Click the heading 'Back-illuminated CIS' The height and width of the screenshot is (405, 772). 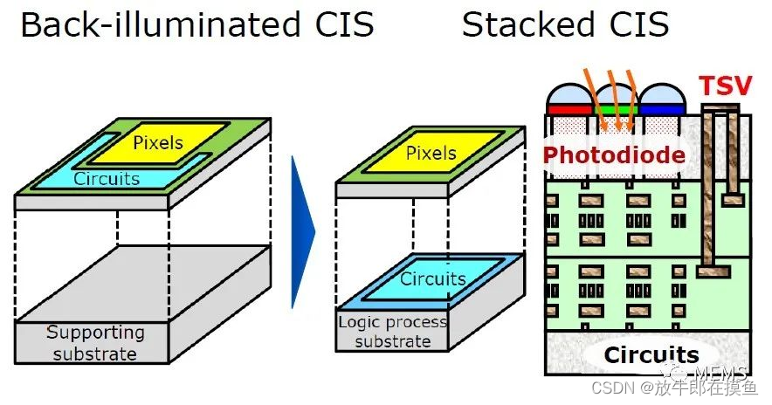pyautogui.click(x=197, y=25)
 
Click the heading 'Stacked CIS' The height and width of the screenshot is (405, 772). pyautogui.click(x=565, y=25)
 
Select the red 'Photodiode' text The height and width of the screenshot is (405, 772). pyautogui.click(x=614, y=155)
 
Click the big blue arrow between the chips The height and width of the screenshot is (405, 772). pyautogui.click(x=303, y=230)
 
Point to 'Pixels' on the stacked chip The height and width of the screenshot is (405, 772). pyautogui.click(x=431, y=154)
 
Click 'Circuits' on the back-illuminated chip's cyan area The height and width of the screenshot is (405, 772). pyautogui.click(x=107, y=178)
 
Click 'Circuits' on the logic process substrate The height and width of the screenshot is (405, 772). pyautogui.click(x=433, y=278)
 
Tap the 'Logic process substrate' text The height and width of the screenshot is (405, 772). pyautogui.click(x=392, y=330)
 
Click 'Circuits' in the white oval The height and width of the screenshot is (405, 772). pyautogui.click(x=651, y=355)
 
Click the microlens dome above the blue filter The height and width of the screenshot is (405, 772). pyautogui.click(x=661, y=94)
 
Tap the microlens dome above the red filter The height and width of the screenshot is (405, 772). pyautogui.click(x=569, y=94)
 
